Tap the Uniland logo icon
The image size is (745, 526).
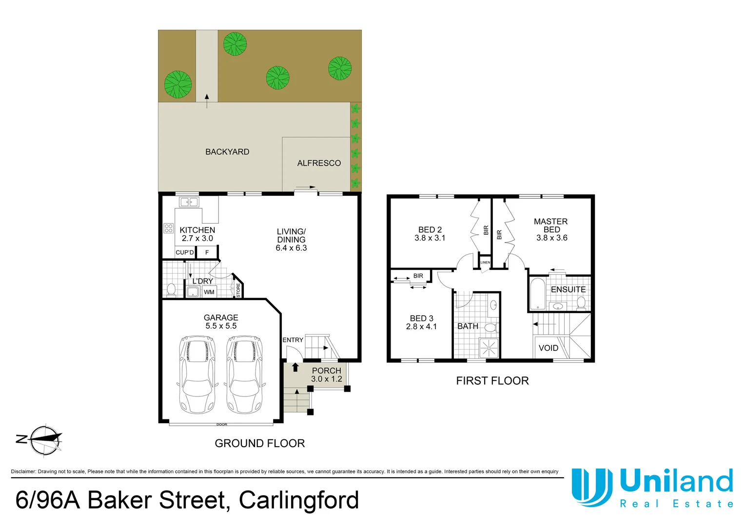click(x=592, y=487)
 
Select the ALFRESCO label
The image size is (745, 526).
click(x=319, y=163)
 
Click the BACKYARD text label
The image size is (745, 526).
click(x=227, y=152)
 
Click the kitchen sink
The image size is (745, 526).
click(x=189, y=202)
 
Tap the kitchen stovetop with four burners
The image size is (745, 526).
click(x=169, y=228)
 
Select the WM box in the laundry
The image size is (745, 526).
click(x=209, y=292)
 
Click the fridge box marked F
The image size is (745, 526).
click(x=207, y=252)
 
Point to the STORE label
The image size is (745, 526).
click(x=238, y=290)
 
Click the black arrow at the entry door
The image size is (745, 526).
click(x=295, y=367)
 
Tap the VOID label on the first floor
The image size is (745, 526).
click(x=549, y=348)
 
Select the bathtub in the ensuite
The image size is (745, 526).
click(x=537, y=294)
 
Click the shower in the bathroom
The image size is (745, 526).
click(x=489, y=348)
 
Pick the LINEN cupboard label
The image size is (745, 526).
click(x=485, y=263)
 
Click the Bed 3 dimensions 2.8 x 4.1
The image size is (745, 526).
click(x=421, y=327)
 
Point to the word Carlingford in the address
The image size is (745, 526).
click(x=299, y=500)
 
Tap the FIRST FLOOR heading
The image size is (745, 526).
click(x=492, y=381)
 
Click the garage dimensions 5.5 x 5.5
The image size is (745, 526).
click(x=221, y=326)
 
